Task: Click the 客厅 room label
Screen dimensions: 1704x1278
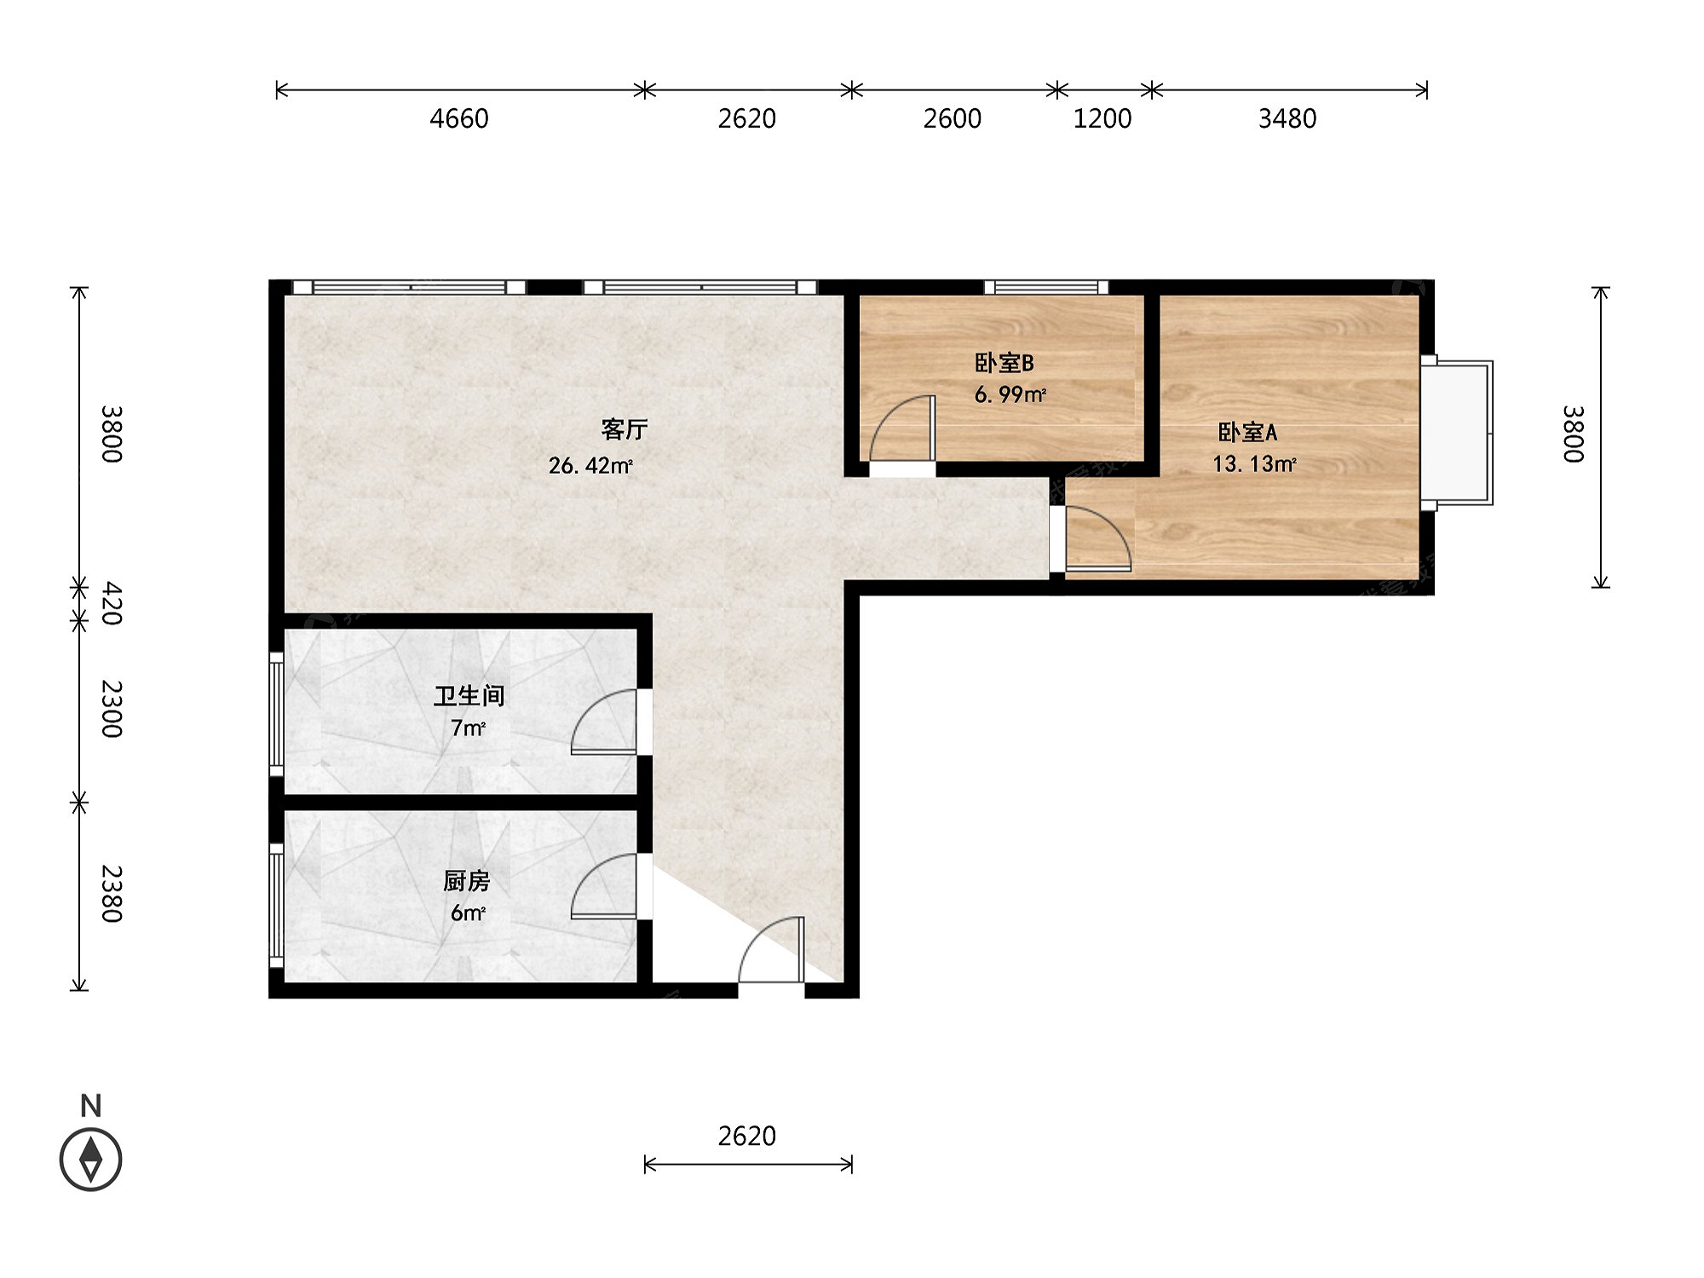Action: pyautogui.click(x=625, y=429)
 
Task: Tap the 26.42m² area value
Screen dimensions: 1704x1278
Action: pyautogui.click(x=590, y=465)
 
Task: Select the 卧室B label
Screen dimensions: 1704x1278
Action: pyautogui.click(x=1005, y=363)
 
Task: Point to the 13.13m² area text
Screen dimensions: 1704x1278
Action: pyautogui.click(x=1254, y=463)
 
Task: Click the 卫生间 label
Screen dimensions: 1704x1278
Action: pyautogui.click(x=469, y=696)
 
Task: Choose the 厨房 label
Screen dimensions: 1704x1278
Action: pyautogui.click(x=467, y=880)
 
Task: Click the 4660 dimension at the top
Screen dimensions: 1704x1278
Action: pyautogui.click(x=459, y=118)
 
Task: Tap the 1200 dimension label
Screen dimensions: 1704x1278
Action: pyautogui.click(x=1102, y=118)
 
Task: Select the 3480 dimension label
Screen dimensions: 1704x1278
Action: pyautogui.click(x=1287, y=118)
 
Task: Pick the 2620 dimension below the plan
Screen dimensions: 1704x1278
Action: pyautogui.click(x=747, y=1136)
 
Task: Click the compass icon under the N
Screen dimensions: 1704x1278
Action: pyautogui.click(x=91, y=1160)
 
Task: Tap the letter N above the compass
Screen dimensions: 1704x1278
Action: pyautogui.click(x=90, y=1106)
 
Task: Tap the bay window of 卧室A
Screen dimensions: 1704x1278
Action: pyautogui.click(x=1457, y=433)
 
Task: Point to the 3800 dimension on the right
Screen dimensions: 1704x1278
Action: pyautogui.click(x=1574, y=434)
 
